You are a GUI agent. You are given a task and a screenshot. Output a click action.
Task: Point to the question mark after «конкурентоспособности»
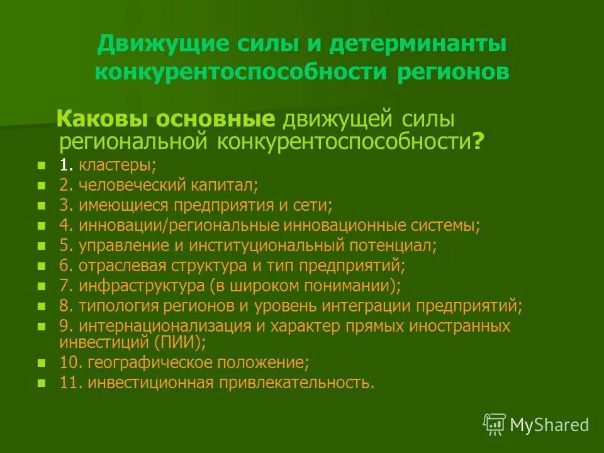[x=478, y=142]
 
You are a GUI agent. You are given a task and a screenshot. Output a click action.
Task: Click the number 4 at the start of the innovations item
[x=64, y=225]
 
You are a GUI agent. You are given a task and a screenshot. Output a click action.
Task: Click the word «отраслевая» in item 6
[x=118, y=266]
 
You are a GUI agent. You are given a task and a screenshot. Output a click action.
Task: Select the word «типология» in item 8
[x=113, y=306]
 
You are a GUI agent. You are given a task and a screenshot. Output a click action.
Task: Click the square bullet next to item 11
[x=42, y=383]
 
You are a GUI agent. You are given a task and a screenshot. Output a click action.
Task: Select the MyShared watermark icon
[x=495, y=425]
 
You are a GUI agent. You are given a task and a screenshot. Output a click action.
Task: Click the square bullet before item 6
[x=42, y=266]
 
